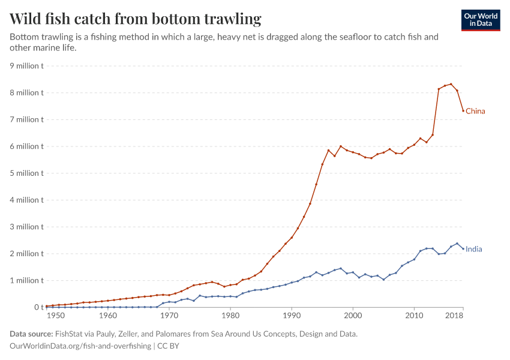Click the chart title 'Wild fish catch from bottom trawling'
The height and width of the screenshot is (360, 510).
[x=136, y=19]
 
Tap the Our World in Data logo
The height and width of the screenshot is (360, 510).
[x=480, y=20]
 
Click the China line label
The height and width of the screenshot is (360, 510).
[x=475, y=111]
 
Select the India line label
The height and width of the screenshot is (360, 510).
[x=474, y=249]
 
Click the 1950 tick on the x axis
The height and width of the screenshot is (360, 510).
[x=55, y=315]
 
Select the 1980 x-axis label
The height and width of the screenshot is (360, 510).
[x=230, y=315]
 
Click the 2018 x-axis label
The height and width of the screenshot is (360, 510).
[x=454, y=315]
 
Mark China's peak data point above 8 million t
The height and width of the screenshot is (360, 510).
[x=451, y=84]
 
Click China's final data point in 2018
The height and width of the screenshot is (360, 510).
[x=463, y=110]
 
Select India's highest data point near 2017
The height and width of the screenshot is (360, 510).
[x=457, y=244]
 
